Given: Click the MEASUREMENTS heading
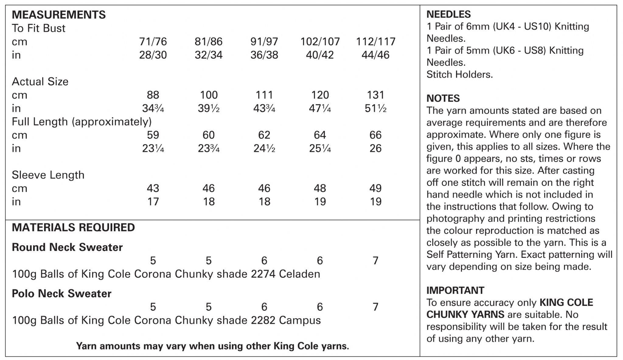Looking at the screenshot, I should tap(59, 15).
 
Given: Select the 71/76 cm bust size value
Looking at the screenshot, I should tap(153, 41).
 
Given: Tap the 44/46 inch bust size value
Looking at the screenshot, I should tap(375, 55).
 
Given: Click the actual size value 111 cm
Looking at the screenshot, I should tap(264, 95).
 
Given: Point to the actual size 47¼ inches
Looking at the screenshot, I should tap(320, 108).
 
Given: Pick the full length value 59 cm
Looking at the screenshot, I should tap(153, 135).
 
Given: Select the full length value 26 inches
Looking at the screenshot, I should tap(375, 148).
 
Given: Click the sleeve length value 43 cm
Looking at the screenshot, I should tap(153, 188).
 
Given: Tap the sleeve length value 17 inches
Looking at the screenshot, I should tap(153, 202).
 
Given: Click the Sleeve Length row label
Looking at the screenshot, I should tap(48, 175).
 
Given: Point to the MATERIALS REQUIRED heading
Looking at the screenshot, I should tap(73, 227).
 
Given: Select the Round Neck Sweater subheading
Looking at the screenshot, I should tap(67, 247).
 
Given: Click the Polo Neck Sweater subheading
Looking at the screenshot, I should tap(62, 293).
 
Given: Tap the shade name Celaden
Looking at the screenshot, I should tap(299, 274).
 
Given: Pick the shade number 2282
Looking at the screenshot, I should tap(263, 320).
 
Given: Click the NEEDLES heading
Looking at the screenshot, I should tap(449, 14).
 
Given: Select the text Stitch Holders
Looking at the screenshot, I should tap(459, 74).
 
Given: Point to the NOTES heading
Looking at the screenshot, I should tap(443, 98).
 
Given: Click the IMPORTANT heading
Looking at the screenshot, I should tap(455, 290).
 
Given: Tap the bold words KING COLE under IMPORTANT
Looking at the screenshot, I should tap(566, 303).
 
